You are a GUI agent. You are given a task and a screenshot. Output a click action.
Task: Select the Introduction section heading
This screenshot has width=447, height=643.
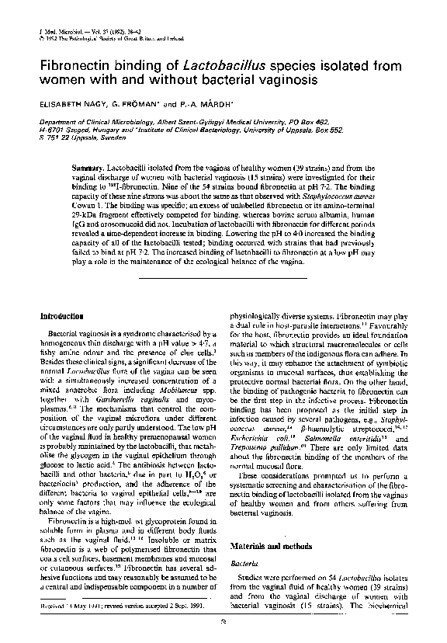coord(61,317)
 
